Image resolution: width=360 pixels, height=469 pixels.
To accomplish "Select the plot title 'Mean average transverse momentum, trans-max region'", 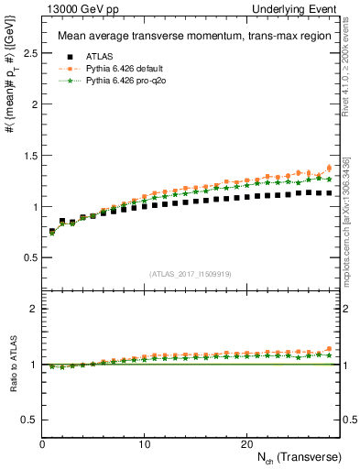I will (x=190, y=37).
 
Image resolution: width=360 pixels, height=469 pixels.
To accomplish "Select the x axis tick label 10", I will (x=144, y=443).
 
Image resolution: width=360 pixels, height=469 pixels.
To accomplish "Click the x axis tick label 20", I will (x=246, y=443).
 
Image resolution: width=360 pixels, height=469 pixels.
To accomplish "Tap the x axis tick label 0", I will (x=42, y=443).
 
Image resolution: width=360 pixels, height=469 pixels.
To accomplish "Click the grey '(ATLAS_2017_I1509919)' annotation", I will (x=190, y=273).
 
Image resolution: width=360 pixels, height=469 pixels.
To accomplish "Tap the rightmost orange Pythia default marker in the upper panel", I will (x=329, y=168).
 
